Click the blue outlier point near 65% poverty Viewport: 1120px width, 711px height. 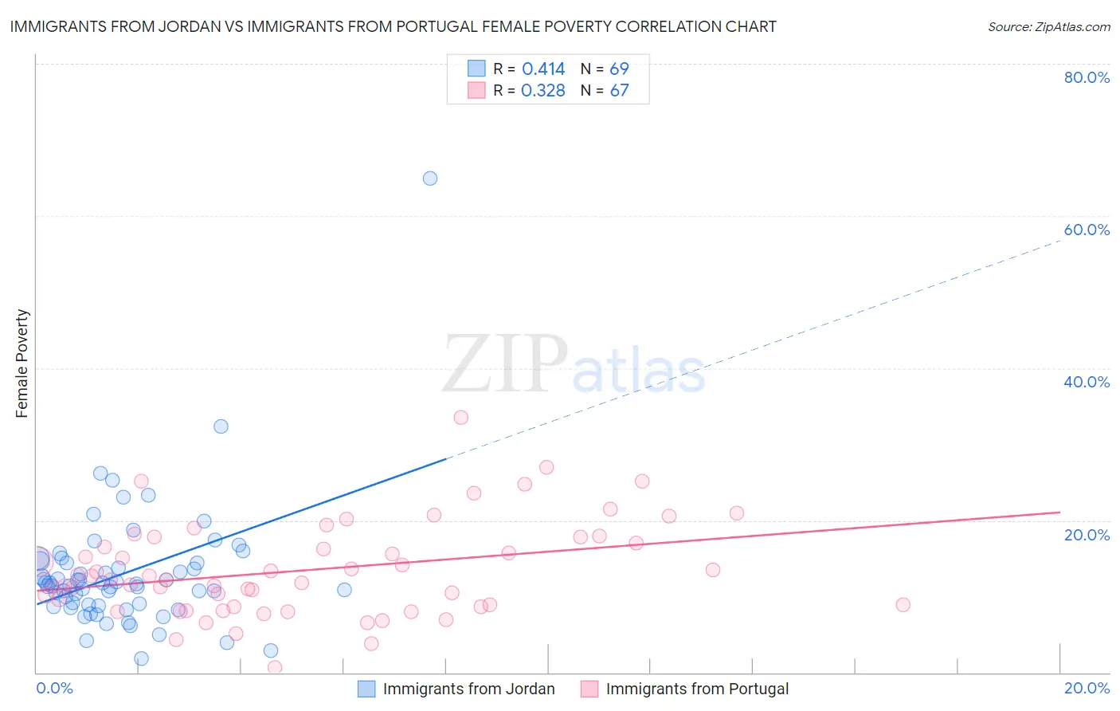point(430,179)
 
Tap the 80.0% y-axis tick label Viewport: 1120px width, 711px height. point(1087,77)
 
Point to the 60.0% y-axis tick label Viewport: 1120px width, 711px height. point(1087,230)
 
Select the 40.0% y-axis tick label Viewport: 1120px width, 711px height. point(1087,382)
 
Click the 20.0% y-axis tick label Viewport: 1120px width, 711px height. point(1087,535)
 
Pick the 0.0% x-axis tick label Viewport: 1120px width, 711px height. point(54,688)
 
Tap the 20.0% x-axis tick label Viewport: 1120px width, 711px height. point(1087,688)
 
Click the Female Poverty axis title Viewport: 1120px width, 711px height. point(22,363)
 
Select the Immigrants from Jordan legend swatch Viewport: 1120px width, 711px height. point(366,689)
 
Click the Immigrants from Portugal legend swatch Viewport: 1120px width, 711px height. point(589,689)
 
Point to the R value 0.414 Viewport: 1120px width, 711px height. point(543,69)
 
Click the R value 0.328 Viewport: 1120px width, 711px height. point(543,91)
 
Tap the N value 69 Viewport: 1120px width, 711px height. point(619,69)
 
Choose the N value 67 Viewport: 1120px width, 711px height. point(619,91)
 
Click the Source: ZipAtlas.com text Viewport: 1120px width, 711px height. point(1048,27)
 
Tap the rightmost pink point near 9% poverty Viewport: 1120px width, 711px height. point(903,605)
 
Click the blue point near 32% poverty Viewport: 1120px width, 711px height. point(221,426)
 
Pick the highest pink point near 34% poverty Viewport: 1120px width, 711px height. point(460,418)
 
